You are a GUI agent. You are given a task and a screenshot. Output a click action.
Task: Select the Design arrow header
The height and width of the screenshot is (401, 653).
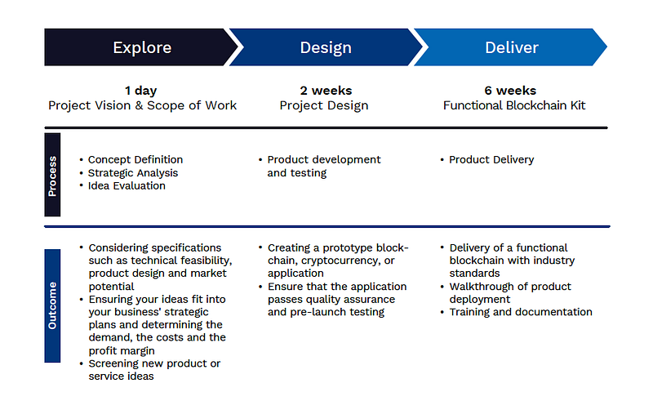325,47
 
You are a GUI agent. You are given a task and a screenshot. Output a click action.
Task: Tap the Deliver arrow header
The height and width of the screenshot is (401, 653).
512,47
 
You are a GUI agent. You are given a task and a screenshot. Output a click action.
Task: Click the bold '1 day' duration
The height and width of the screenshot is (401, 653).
141,91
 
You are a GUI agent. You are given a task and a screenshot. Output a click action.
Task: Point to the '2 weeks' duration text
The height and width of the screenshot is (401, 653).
324,91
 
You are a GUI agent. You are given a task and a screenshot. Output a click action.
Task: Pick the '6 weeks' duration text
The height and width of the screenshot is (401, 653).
509,91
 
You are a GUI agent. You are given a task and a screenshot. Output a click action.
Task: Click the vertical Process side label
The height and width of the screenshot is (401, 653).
53,174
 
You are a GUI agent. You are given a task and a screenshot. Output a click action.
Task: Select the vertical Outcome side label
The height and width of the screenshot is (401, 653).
53,305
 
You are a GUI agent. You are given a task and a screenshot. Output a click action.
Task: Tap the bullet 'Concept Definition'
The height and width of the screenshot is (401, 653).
135,159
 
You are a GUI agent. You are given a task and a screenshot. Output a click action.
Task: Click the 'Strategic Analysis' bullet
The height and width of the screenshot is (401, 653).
133,172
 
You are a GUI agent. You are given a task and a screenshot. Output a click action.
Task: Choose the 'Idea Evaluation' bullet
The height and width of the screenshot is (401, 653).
127,185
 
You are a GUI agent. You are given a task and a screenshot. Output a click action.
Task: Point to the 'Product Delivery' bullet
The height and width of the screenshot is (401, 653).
491,159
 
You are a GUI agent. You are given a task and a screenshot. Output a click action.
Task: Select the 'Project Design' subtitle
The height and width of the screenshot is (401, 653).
324,105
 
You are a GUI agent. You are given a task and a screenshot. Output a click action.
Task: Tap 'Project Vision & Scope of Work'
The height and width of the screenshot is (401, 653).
143,105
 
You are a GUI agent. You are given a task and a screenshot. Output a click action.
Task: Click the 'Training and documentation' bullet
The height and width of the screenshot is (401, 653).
521,312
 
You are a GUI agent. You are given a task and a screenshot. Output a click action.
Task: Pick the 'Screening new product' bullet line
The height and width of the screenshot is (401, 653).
154,363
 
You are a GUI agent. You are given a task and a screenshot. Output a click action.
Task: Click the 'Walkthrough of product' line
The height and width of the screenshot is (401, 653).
510,287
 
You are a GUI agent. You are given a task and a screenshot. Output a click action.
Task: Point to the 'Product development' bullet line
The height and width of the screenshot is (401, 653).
324,159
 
